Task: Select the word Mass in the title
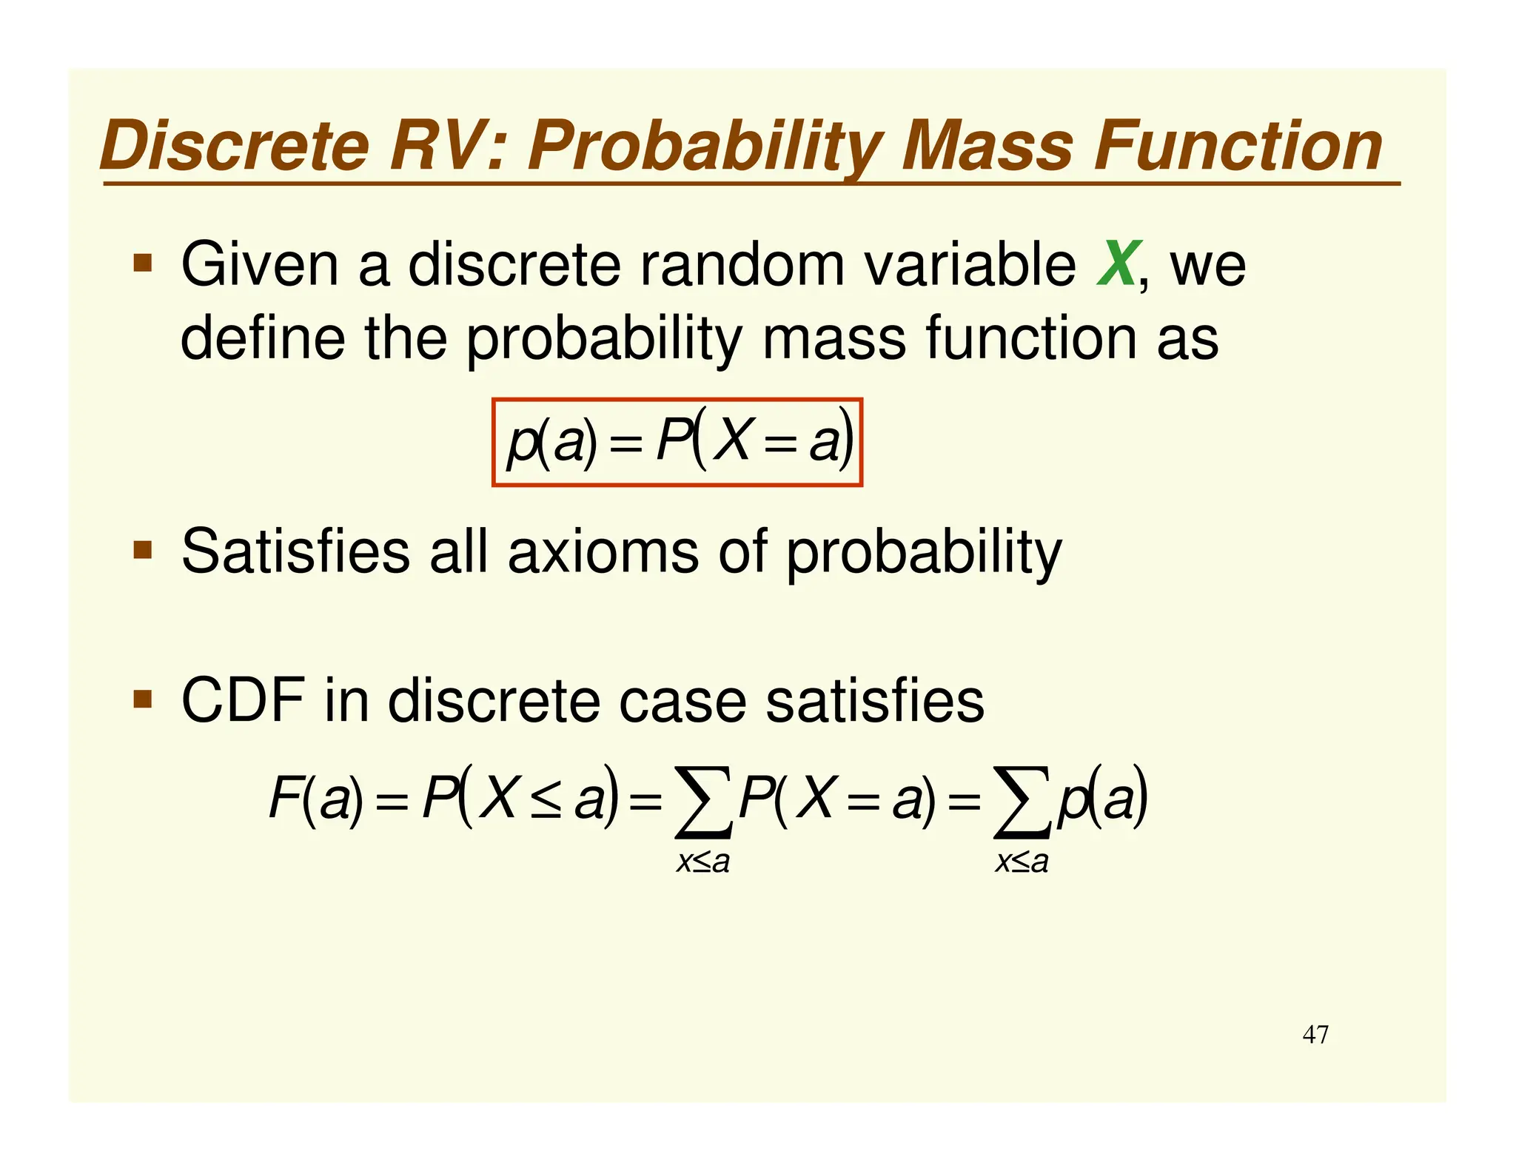(987, 147)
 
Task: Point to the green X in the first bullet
(1117, 264)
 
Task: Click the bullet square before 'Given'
(143, 263)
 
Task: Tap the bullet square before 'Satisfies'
(143, 550)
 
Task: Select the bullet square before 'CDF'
(143, 699)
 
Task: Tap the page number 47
(1315, 1034)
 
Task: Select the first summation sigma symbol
(703, 802)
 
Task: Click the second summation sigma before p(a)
(1022, 802)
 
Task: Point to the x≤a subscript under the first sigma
(703, 862)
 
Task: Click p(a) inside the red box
(551, 443)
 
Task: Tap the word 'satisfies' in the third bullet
(874, 700)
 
